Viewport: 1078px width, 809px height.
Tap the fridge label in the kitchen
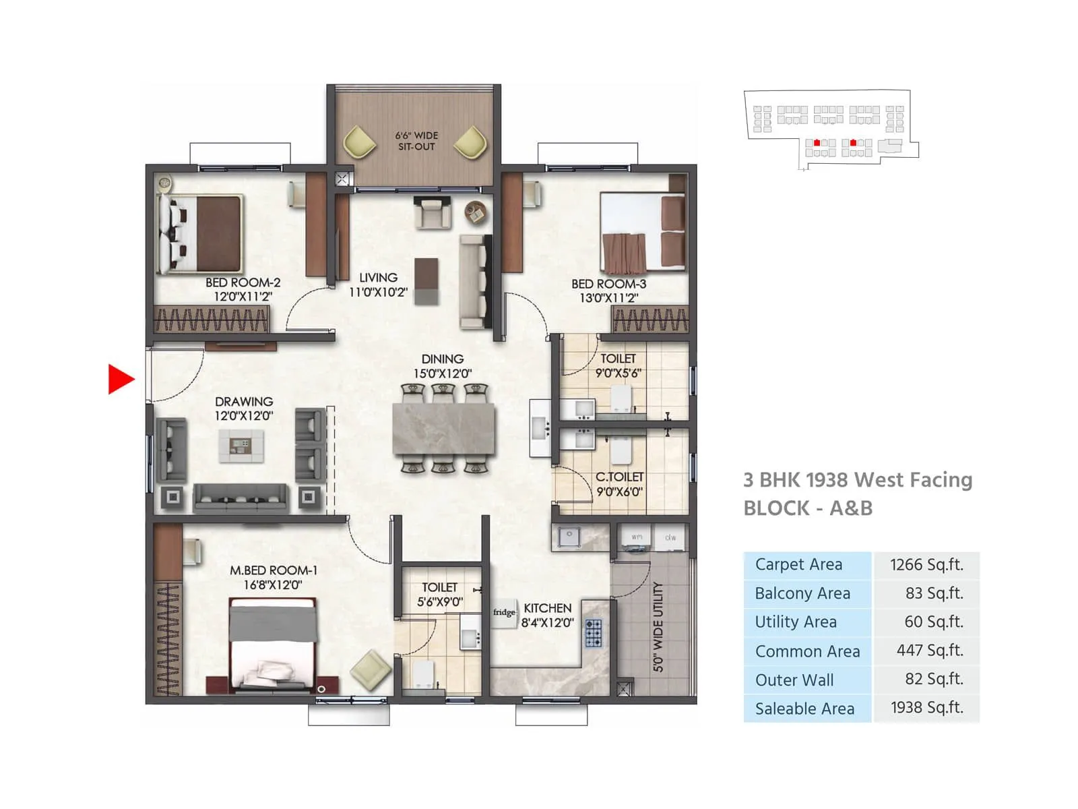(x=503, y=613)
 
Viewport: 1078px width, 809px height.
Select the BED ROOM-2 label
(x=243, y=283)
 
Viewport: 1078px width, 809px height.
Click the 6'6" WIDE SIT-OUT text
(x=416, y=141)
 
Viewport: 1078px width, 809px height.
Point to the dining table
(x=443, y=429)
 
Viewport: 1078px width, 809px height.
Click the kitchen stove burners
(x=594, y=633)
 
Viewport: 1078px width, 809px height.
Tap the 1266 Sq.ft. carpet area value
(x=926, y=565)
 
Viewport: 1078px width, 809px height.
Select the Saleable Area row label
(x=804, y=709)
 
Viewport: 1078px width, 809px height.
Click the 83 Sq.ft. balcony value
(x=934, y=593)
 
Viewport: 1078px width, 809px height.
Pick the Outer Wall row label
(x=794, y=680)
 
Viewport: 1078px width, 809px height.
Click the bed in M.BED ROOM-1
(x=273, y=644)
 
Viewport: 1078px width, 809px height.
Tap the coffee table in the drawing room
(x=241, y=445)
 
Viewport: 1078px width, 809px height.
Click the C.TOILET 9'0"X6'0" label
(x=619, y=484)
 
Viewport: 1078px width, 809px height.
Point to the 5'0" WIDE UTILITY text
(x=658, y=627)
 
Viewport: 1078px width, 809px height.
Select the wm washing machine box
(x=636, y=537)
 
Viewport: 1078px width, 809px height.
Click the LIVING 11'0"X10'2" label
(x=378, y=284)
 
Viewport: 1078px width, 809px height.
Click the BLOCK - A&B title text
(x=808, y=508)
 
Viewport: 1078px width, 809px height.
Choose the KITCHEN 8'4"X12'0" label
(x=547, y=615)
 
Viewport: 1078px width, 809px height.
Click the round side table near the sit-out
(x=476, y=213)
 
